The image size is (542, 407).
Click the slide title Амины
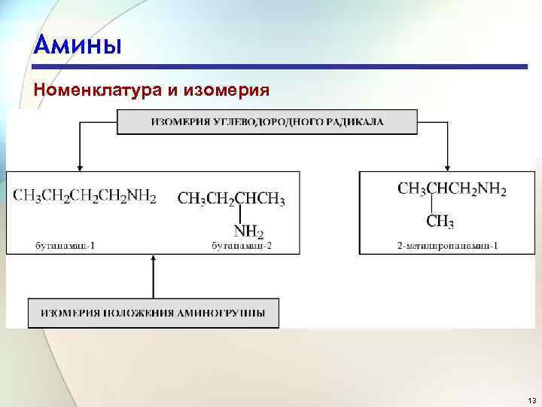77,44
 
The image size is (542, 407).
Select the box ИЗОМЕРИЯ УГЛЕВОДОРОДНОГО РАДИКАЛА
266,122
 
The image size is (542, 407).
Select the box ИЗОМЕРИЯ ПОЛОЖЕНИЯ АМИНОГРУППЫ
153,313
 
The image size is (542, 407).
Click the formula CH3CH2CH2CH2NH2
84,197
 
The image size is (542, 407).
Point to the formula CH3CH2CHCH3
231,199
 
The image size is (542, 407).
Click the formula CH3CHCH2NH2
452,189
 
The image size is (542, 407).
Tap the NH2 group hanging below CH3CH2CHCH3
248,231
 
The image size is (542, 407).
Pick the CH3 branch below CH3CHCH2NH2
440,222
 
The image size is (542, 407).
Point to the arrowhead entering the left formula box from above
79,167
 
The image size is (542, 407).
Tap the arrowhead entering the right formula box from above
447,167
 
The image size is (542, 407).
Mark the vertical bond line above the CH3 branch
431,205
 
